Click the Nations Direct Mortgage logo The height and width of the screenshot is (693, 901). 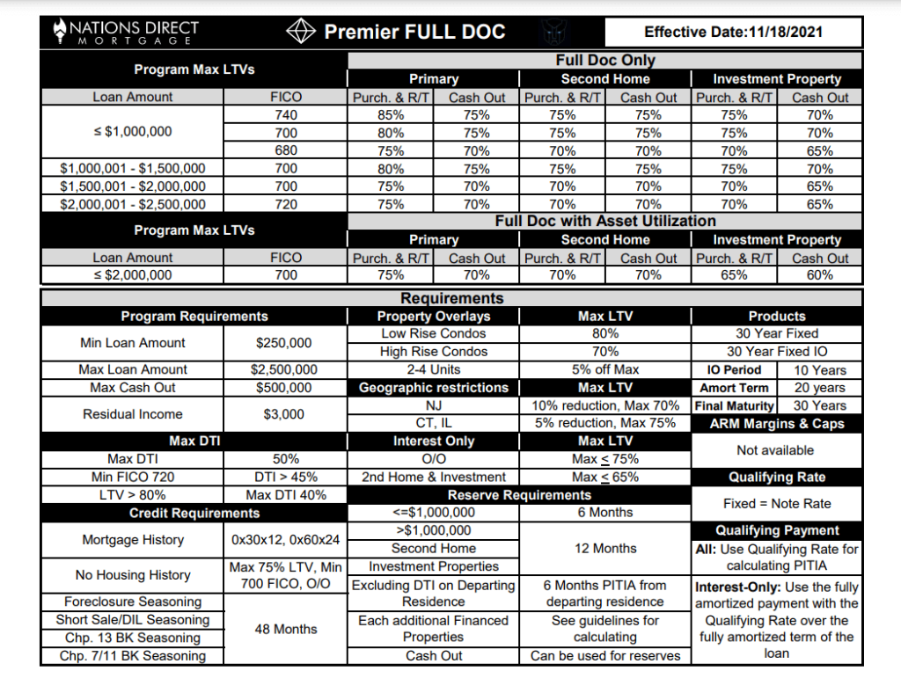(126, 33)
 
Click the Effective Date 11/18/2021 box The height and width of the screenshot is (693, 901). (732, 33)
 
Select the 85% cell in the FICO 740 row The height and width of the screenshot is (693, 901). (391, 115)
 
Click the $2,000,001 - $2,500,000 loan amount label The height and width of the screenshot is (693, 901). (133, 204)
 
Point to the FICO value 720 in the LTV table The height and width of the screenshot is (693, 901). (286, 204)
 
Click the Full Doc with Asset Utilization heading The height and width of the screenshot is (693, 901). (605, 222)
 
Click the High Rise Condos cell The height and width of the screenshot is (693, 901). (433, 352)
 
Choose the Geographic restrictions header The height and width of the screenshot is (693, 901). (433, 388)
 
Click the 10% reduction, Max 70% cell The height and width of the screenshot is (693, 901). (605, 405)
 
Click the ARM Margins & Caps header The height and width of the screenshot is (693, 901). (776, 424)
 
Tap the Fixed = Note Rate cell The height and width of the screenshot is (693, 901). (776, 504)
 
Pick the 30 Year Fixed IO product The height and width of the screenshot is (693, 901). (776, 352)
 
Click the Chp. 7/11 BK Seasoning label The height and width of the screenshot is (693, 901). (133, 656)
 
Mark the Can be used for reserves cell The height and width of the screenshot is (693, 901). (605, 656)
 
